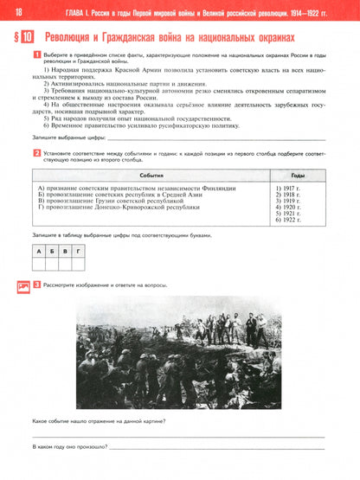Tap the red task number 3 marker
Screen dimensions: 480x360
point(36,285)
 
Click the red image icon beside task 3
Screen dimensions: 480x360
point(21,285)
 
